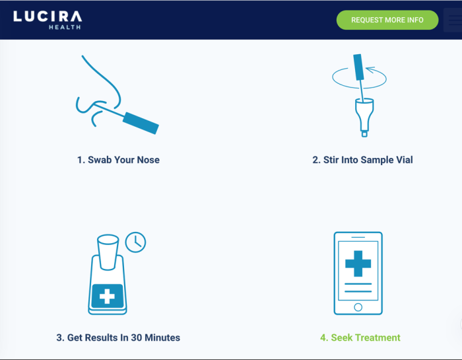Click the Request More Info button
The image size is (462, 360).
[387, 20]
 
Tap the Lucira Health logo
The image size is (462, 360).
[48, 19]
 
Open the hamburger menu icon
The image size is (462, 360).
[455, 20]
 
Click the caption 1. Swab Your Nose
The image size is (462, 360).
[118, 160]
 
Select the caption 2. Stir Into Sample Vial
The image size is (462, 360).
[362, 160]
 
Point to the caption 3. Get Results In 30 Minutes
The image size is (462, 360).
[118, 338]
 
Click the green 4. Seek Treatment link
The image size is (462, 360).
[360, 338]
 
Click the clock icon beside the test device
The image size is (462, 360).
[136, 242]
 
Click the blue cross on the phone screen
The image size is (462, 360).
[358, 264]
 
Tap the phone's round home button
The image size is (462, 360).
[358, 307]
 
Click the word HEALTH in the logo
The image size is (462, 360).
[65, 27]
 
